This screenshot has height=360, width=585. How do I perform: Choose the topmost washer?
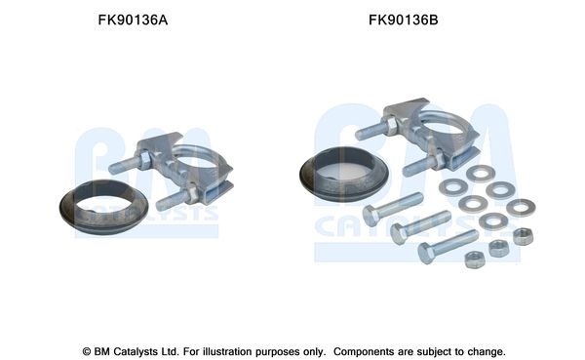click(479, 174)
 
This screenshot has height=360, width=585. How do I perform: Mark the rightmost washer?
click(522, 207)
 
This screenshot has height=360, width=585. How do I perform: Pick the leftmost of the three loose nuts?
click(475, 258)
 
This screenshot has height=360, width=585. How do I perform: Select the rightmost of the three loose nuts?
click(523, 235)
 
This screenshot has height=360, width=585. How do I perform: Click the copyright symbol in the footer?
click(85, 349)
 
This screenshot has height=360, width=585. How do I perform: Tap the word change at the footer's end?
click(486, 349)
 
